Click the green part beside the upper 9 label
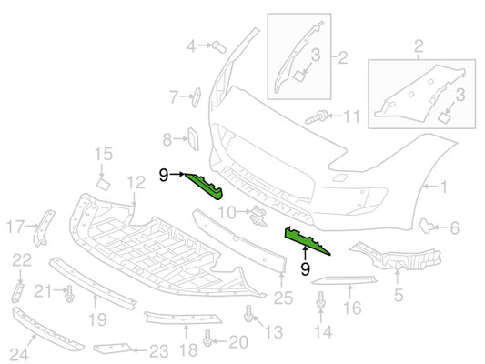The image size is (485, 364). click(206, 187)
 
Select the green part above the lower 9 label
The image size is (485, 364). click(305, 239)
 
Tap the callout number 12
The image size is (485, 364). click(136, 183)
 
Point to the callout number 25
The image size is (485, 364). click(283, 298)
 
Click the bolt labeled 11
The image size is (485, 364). click(316, 117)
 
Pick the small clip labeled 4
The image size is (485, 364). click(219, 47)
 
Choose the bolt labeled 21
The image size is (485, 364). click(69, 294)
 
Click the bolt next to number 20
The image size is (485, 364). click(207, 338)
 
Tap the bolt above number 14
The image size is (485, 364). click(321, 299)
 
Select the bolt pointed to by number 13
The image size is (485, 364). click(248, 314)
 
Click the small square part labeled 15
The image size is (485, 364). click(104, 184)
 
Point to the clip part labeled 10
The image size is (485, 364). click(258, 216)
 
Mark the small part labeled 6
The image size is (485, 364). click(426, 226)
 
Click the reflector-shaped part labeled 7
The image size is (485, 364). click(197, 97)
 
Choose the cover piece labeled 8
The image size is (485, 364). click(193, 139)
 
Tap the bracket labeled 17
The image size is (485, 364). click(44, 227)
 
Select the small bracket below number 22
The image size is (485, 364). click(17, 292)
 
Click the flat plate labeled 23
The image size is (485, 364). click(113, 349)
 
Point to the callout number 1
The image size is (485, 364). click(443, 187)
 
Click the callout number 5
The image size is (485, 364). click(399, 295)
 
